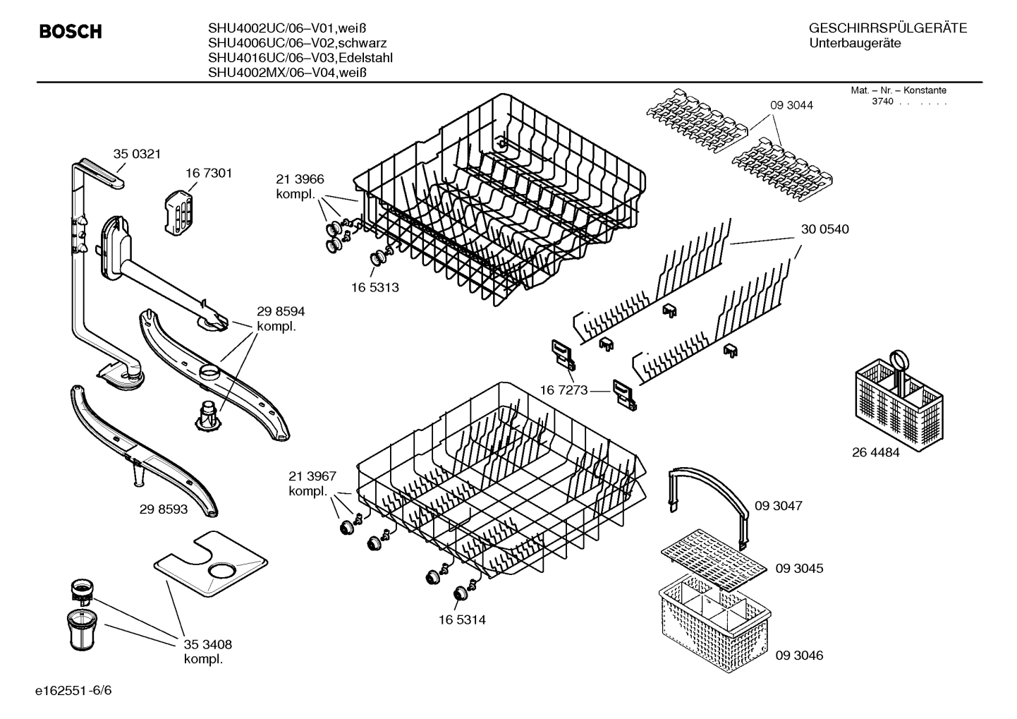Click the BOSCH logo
tap(71, 32)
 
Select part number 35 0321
tap(137, 154)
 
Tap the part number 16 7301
tap(209, 173)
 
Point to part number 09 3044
tap(791, 105)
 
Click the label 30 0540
tap(824, 229)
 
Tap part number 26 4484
tap(876, 453)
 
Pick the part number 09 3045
tap(799, 569)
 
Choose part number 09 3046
tap(799, 655)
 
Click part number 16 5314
tap(462, 620)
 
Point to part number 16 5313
tap(375, 288)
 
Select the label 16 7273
tap(564, 390)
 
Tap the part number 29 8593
tap(164, 509)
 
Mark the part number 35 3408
tap(207, 644)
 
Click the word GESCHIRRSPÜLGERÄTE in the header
tap(887, 28)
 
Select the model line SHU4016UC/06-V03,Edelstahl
tap(300, 58)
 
